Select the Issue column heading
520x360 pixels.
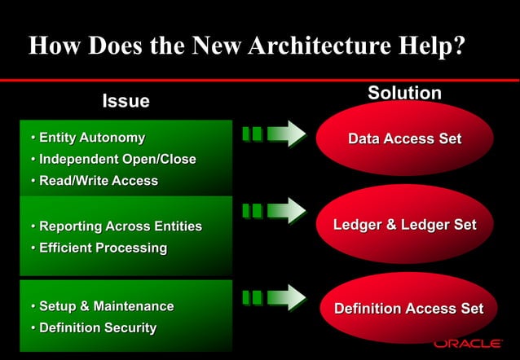126,101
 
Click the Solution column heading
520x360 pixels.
404,93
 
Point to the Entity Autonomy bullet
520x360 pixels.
92,138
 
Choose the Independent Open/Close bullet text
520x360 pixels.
117,159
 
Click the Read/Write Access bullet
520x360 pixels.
99,180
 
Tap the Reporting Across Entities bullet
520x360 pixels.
121,226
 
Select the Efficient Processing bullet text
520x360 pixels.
104,247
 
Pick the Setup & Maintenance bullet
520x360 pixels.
107,306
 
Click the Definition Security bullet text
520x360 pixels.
98,327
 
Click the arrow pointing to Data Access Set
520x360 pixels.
274,134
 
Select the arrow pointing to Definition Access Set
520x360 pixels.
274,296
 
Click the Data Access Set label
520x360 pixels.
405,139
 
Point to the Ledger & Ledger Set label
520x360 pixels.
405,225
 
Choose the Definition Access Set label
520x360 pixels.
408,309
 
